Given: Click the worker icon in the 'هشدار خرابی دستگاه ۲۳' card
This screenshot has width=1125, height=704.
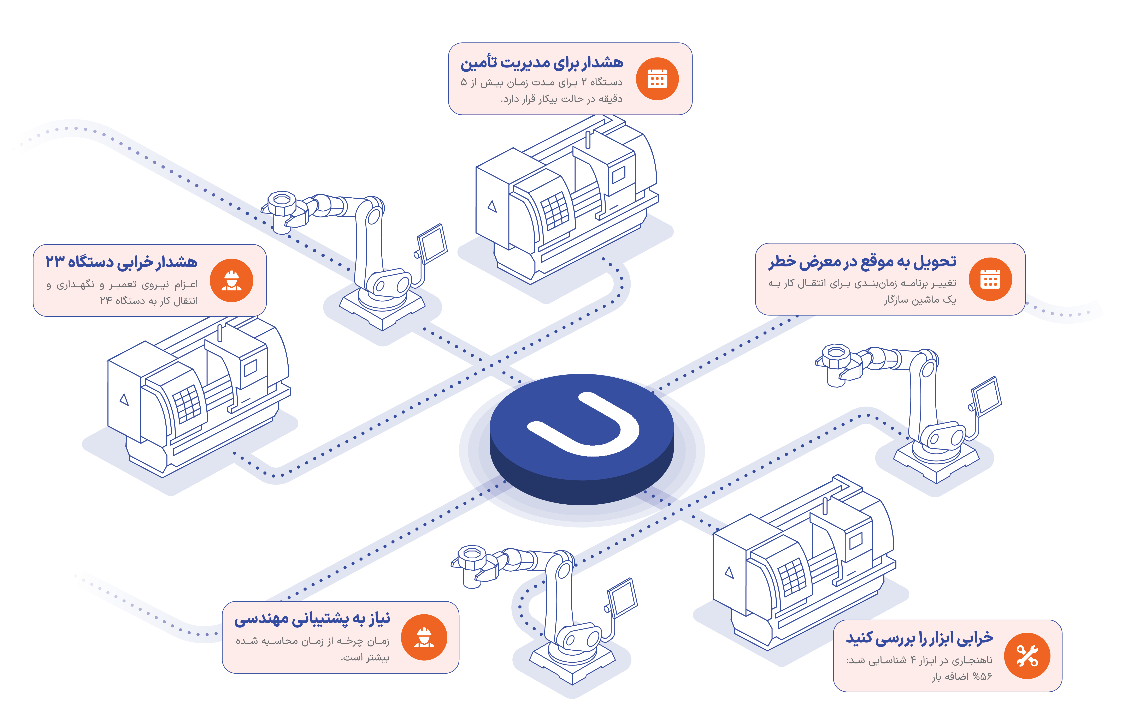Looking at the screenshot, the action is (231, 280).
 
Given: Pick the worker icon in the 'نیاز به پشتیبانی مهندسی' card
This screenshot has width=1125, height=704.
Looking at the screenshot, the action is (424, 637).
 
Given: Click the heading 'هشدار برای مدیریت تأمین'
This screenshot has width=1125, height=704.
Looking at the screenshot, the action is (542, 63).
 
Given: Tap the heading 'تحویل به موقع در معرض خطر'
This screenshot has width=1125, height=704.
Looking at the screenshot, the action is (862, 262).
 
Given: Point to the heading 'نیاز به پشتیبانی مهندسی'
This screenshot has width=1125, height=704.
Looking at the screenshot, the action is (312, 619).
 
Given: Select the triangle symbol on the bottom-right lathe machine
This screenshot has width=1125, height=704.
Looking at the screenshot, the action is (729, 572).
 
